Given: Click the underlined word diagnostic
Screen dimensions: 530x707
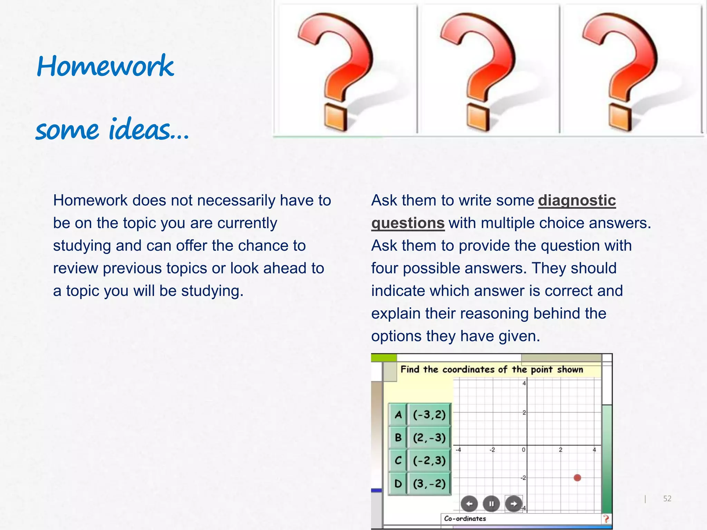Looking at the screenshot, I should point(577,200).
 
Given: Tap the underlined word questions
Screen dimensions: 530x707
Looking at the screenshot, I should point(408,223).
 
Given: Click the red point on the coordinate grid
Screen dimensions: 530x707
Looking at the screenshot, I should point(577,478).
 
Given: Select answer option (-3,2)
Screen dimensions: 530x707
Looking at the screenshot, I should point(429,414).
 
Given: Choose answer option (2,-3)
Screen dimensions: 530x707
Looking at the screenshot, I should point(429,438).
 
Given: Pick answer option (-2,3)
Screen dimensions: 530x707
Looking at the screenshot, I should point(429,460).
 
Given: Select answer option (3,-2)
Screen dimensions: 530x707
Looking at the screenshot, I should point(429,483).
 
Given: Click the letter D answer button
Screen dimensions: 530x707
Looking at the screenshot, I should point(398,483).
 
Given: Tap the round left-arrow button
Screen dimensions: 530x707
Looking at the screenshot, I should point(469,504).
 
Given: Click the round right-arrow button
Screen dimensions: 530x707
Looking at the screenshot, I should point(514,504).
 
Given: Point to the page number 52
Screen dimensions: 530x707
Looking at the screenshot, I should point(667,499).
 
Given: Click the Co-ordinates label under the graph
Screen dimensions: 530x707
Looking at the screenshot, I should point(465,519).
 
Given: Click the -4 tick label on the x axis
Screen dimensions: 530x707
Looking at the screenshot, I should point(458,450).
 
